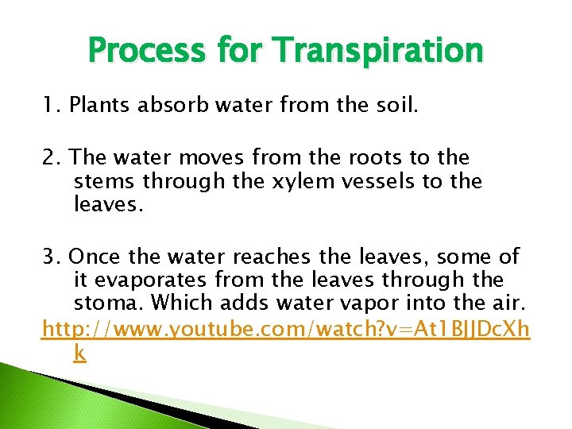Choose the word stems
pos(102,182)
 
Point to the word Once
pos(97,257)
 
